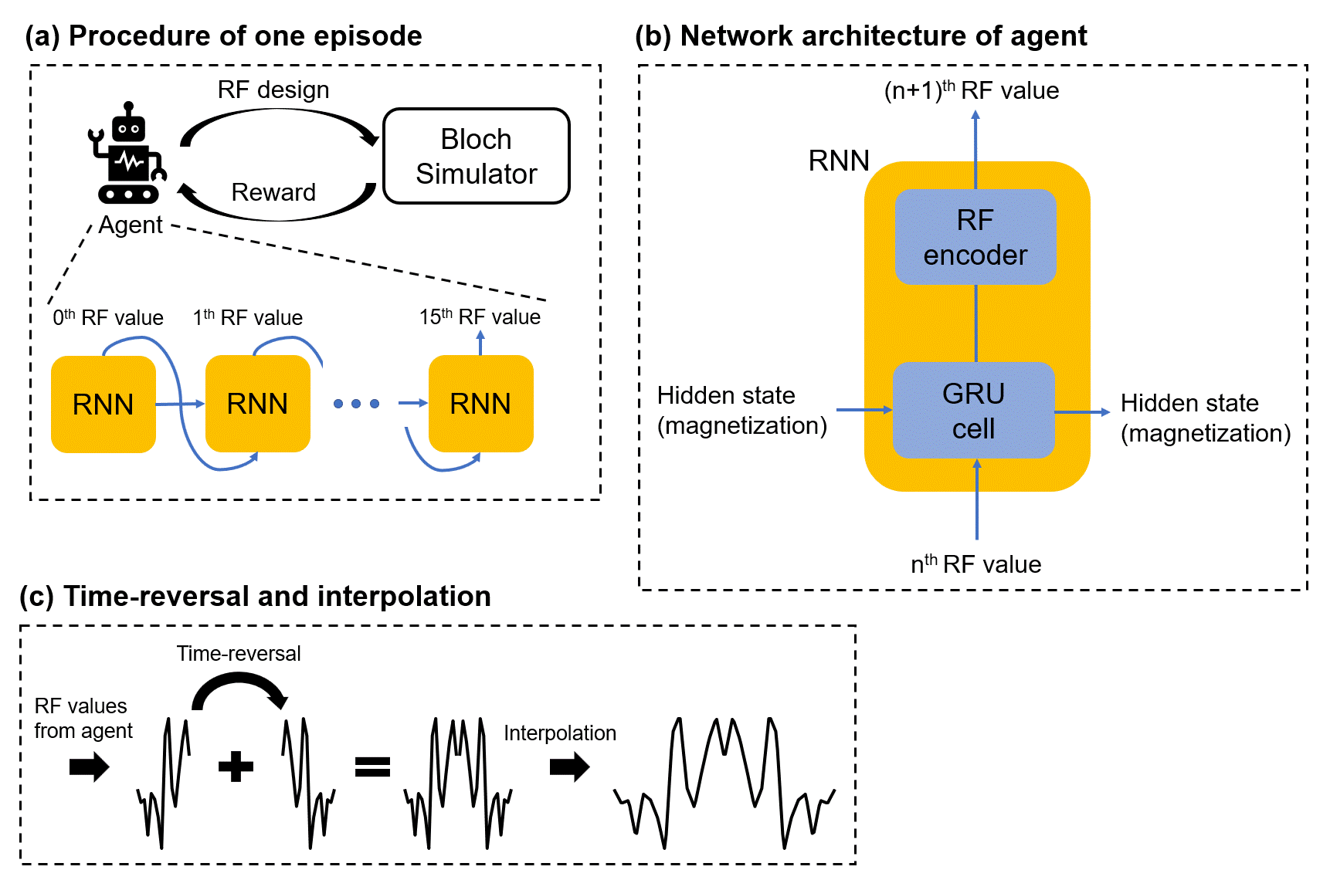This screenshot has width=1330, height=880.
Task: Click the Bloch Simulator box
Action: point(477,157)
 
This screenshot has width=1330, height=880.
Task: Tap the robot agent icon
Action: point(127,154)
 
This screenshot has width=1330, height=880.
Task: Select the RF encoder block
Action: point(975,237)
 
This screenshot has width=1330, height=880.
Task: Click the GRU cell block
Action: point(973,411)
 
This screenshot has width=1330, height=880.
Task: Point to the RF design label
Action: point(273,90)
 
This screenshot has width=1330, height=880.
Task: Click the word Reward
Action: point(273,192)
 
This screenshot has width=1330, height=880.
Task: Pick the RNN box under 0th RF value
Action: point(103,404)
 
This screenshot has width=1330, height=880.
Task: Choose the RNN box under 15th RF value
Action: point(480,404)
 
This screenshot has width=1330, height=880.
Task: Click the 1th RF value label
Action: point(248,317)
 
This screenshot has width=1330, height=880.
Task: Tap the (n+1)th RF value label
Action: point(971,91)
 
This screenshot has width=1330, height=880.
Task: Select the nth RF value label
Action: point(975,564)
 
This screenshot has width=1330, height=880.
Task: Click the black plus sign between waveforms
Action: point(236,767)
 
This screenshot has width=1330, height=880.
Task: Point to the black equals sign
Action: point(372,767)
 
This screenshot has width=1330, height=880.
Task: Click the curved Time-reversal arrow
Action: point(240,686)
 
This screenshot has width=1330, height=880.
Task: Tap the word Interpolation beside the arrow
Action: point(560,733)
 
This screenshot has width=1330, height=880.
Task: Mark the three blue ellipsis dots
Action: point(356,404)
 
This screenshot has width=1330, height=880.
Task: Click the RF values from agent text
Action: point(83,719)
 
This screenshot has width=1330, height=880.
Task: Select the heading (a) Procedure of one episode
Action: point(224,36)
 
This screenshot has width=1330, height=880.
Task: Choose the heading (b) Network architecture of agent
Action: point(860,36)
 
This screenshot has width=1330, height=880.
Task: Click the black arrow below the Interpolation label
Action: point(570,767)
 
